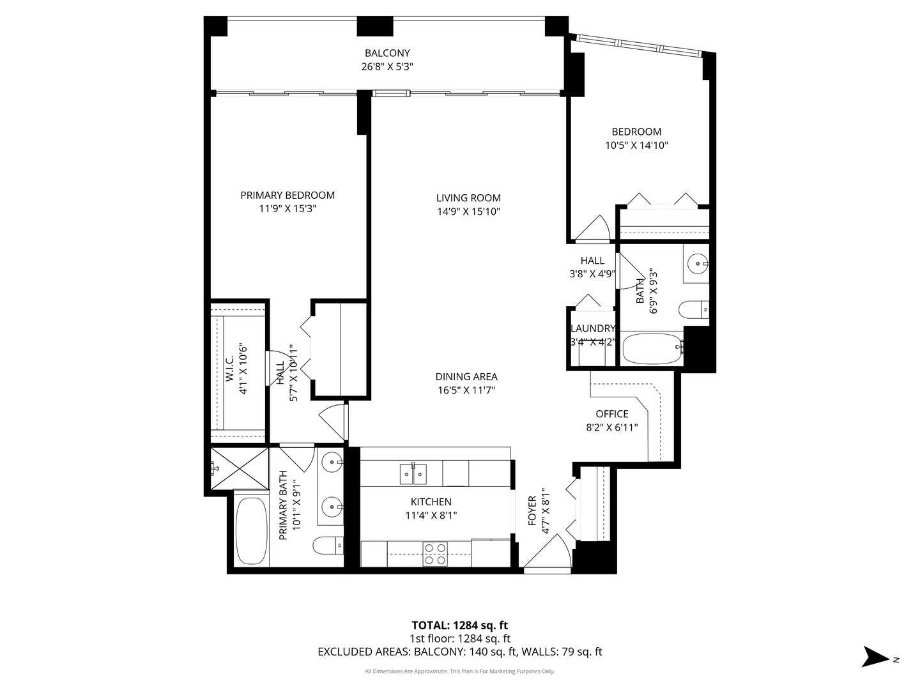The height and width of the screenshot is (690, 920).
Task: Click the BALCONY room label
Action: pyautogui.click(x=387, y=53)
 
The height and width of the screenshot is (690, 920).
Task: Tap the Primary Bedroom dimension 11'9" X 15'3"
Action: pyautogui.click(x=287, y=209)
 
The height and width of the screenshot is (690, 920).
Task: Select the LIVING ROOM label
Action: pyautogui.click(x=468, y=198)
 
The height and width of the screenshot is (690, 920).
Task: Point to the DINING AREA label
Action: pyautogui.click(x=466, y=377)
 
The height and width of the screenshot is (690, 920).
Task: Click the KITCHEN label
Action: pyautogui.click(x=431, y=502)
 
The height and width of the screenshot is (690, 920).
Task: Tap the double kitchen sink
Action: pyautogui.click(x=413, y=473)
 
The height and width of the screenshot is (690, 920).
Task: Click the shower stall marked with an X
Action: pyautogui.click(x=240, y=469)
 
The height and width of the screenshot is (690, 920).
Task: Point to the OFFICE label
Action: pyautogui.click(x=612, y=414)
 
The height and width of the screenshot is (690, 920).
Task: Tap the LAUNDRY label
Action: pyautogui.click(x=592, y=328)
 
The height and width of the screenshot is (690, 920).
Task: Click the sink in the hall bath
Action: pyautogui.click(x=696, y=263)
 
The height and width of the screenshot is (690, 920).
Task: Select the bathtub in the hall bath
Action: pyautogui.click(x=652, y=348)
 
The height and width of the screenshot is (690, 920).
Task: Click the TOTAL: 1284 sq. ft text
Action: pyautogui.click(x=459, y=625)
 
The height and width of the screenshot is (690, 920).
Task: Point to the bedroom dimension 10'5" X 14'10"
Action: pyautogui.click(x=636, y=146)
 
